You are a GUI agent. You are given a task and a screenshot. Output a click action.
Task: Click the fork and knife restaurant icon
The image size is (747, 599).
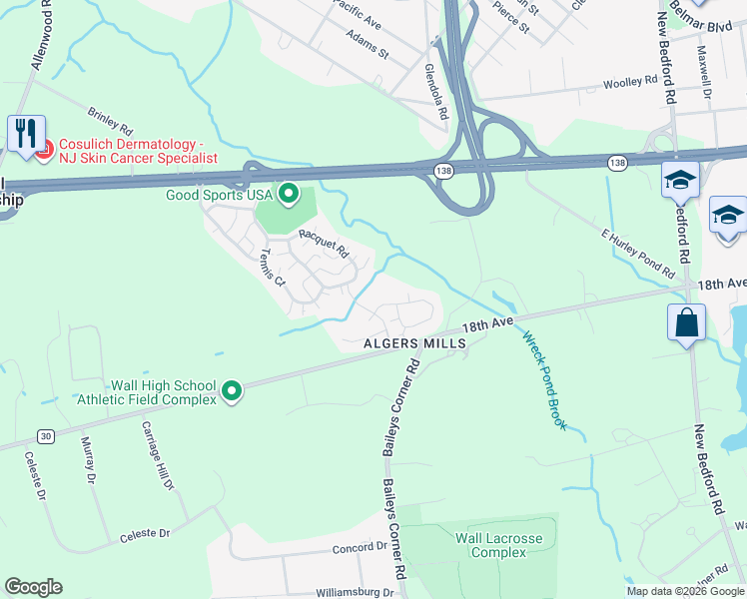point(26,133)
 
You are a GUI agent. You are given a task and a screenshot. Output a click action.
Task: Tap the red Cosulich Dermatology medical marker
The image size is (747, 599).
point(43,151)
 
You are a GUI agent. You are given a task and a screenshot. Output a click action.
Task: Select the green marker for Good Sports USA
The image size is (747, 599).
point(289,193)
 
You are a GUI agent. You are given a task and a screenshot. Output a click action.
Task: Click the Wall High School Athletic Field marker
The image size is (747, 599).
point(231,391)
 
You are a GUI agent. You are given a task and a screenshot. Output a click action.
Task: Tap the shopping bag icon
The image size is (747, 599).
point(687,323)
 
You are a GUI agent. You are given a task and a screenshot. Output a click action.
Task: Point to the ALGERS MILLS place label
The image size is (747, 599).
point(414,343)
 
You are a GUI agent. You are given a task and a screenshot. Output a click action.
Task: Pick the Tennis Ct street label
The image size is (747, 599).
point(273,268)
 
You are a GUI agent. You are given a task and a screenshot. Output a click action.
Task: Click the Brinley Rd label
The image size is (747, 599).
point(110,123)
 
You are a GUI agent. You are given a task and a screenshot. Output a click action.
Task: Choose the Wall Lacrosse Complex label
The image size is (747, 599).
point(498,546)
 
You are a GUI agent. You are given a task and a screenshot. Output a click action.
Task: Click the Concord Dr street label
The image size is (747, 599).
point(361,548)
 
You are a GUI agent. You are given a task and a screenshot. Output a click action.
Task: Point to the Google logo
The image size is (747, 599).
point(33,587)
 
